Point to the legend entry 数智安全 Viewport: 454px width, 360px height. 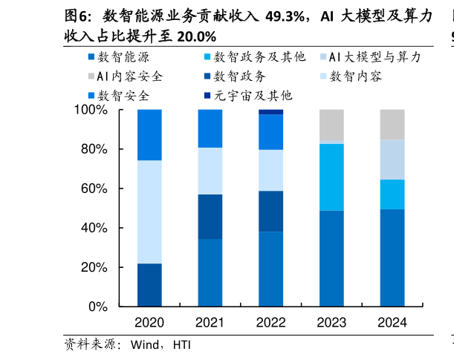(x=123, y=96)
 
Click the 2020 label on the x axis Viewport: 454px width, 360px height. (x=149, y=323)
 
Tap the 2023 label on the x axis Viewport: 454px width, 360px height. (x=331, y=323)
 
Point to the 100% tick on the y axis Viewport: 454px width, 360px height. (x=91, y=110)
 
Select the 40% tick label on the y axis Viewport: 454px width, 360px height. (x=94, y=228)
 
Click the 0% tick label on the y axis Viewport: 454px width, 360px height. (x=98, y=307)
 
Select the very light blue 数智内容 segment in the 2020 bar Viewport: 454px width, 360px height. (x=149, y=212)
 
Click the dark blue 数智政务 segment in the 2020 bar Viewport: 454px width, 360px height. (x=149, y=285)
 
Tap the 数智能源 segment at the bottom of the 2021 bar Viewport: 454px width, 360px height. (x=210, y=272)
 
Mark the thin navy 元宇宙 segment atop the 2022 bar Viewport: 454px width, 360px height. (x=270, y=112)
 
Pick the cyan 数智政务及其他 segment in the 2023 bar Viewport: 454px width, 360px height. (x=331, y=177)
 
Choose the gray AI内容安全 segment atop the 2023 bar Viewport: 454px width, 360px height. (x=331, y=125)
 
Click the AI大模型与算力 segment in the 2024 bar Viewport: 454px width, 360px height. (x=392, y=160)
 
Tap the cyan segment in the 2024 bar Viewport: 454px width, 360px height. (x=392, y=194)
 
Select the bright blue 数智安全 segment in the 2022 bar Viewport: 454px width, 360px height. (x=270, y=132)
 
